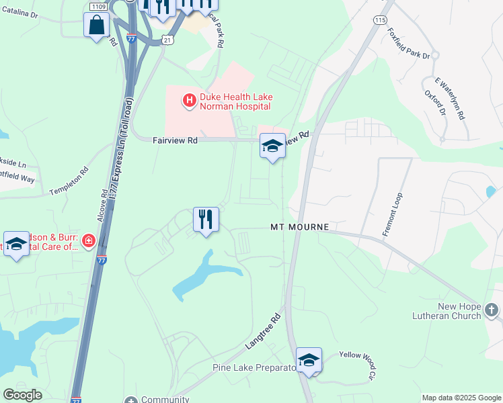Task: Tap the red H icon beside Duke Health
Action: coord(189,101)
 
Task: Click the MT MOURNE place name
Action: coord(299,227)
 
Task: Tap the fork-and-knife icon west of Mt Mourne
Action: coord(206,220)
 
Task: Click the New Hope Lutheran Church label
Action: coord(459,311)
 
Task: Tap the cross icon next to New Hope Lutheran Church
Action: coord(492,311)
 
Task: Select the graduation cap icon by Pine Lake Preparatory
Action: coord(309,361)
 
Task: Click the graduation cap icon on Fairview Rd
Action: coord(272,146)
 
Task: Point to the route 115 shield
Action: coord(381,20)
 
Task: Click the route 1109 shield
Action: coord(97,5)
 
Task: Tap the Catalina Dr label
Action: coord(20,13)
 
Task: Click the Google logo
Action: coord(22,395)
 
